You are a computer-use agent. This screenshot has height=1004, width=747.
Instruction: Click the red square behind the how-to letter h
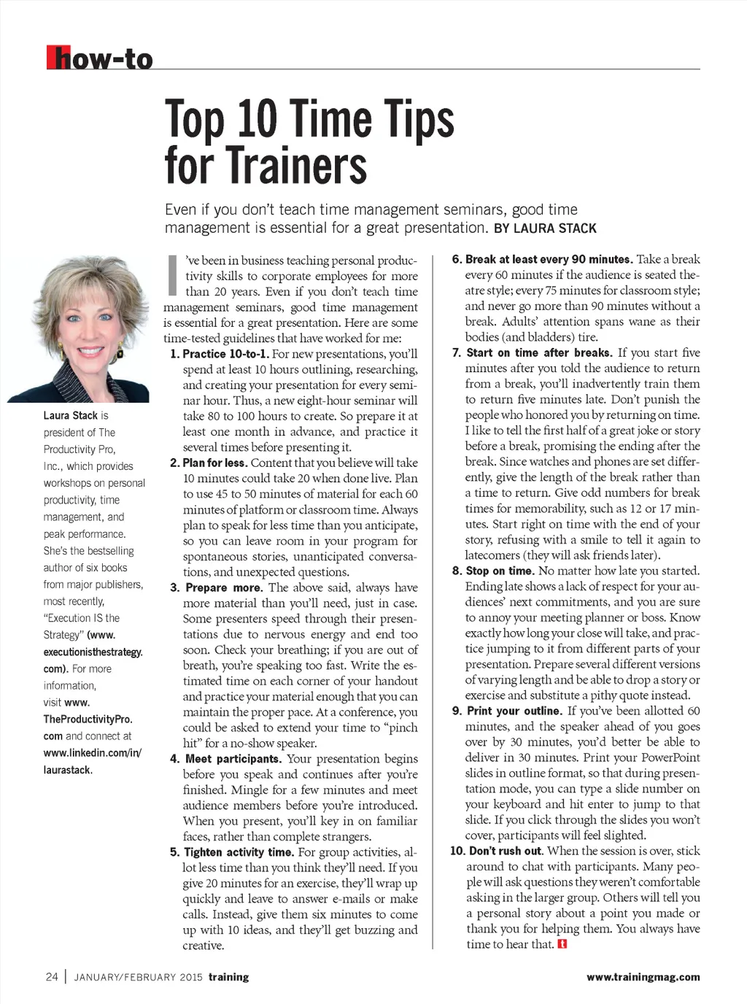tap(53, 58)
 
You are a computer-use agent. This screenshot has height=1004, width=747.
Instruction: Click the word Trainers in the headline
tap(266, 165)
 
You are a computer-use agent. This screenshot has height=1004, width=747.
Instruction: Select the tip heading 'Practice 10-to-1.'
tap(225, 354)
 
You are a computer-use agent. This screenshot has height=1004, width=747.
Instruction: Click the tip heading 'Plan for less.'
tap(214, 463)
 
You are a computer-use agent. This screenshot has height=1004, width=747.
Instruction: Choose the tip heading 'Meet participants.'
tap(233, 759)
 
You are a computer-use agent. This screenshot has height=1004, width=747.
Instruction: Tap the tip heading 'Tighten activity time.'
tap(239, 852)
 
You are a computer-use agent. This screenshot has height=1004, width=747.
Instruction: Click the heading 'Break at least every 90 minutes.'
tap(549, 259)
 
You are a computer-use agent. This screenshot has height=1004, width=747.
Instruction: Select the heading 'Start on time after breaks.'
tap(539, 352)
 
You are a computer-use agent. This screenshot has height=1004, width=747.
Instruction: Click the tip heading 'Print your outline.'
tap(514, 711)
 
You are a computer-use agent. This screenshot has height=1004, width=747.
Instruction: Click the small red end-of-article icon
tap(562, 944)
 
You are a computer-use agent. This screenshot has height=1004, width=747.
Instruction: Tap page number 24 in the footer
tap(52, 977)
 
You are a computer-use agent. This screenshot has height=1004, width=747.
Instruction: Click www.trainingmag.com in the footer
tap(643, 977)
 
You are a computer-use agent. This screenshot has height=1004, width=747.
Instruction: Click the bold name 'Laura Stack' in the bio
tap(70, 415)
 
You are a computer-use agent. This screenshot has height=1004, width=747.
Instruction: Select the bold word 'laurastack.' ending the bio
tap(68, 770)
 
